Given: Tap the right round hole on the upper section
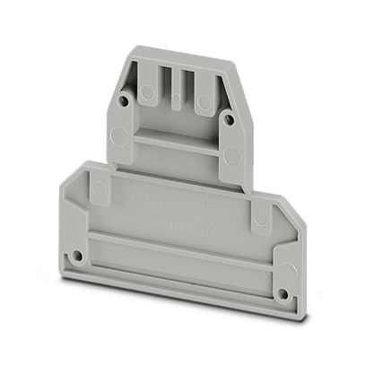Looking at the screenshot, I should (x=227, y=117).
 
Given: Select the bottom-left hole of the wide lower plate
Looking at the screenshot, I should (x=80, y=257).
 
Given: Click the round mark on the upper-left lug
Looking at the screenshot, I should (x=143, y=90).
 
